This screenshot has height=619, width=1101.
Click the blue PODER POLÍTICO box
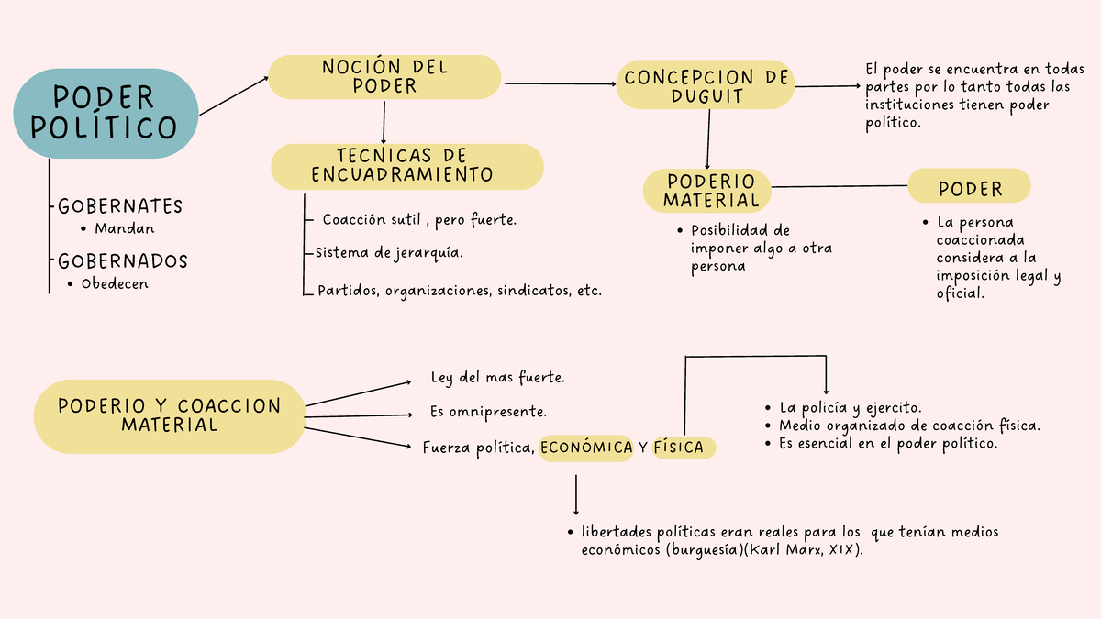point(106,113)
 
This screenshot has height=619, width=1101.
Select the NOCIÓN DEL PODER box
point(384,77)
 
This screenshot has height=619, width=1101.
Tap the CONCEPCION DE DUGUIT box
point(706,86)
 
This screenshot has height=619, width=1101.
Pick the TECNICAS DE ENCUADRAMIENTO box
point(406,166)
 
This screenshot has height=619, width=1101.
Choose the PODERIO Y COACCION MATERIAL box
point(169,415)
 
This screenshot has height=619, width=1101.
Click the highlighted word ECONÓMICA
point(586,448)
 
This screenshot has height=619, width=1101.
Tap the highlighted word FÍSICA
point(678,448)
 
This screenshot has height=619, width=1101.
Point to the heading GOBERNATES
point(120,206)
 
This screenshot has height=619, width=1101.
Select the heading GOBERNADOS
point(122,261)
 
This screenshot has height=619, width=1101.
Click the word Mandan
point(124,229)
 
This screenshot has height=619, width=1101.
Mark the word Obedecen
point(115,284)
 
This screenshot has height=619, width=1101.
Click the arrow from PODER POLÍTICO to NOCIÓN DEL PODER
point(233,96)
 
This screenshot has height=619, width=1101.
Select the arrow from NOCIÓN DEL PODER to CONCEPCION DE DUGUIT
point(560,84)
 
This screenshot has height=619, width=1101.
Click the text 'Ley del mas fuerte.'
point(497,378)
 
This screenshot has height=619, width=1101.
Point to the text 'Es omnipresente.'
point(488,412)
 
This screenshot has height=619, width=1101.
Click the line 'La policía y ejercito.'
point(851,408)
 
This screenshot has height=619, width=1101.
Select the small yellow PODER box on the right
point(970,189)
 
